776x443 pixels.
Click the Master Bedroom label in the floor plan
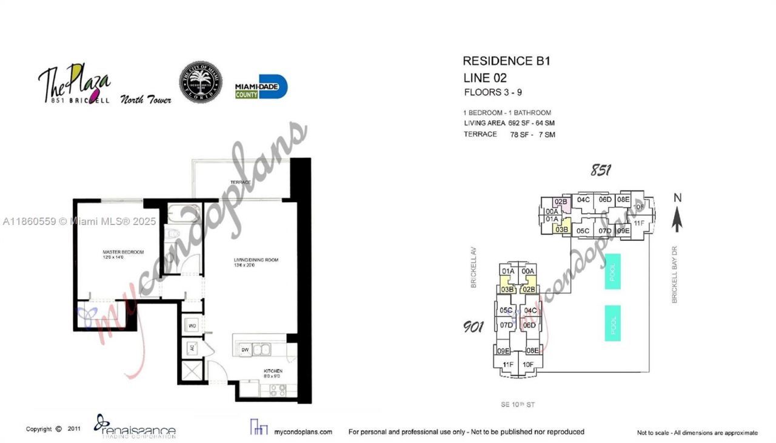click(x=123, y=254)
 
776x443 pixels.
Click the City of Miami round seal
click(x=201, y=83)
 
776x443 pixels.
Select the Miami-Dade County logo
click(x=261, y=87)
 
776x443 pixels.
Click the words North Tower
click(x=145, y=100)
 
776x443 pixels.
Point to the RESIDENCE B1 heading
click(x=506, y=61)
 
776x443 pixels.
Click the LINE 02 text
click(x=484, y=78)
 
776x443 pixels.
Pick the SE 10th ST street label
click(x=518, y=405)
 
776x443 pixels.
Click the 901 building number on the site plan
click(x=473, y=328)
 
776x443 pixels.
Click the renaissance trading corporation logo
click(x=135, y=427)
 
